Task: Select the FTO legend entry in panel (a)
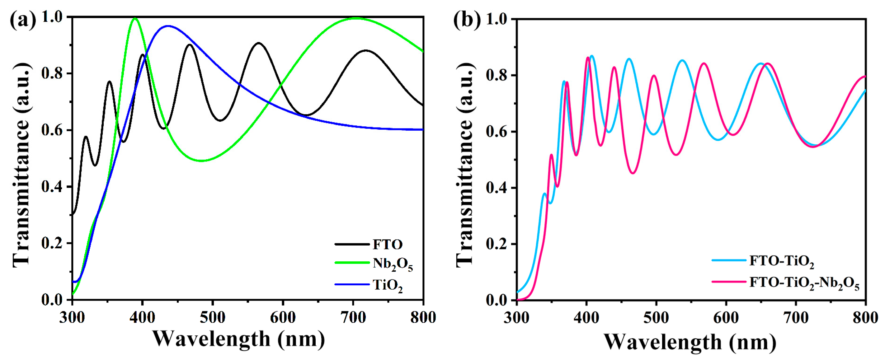click(388, 244)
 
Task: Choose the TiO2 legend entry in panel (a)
click(388, 285)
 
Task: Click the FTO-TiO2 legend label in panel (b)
click(782, 261)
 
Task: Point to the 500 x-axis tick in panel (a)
click(212, 317)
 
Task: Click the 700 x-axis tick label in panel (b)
click(796, 318)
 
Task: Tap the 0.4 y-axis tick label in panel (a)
click(52, 187)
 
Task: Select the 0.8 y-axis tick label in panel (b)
click(497, 75)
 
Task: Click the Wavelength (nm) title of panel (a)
click(239, 339)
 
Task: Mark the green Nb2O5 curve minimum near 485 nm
click(202, 161)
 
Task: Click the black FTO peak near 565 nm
click(258, 43)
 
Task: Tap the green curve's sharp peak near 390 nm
click(135, 18)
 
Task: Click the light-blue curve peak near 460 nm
click(629, 59)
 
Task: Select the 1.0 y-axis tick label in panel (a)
click(52, 17)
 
